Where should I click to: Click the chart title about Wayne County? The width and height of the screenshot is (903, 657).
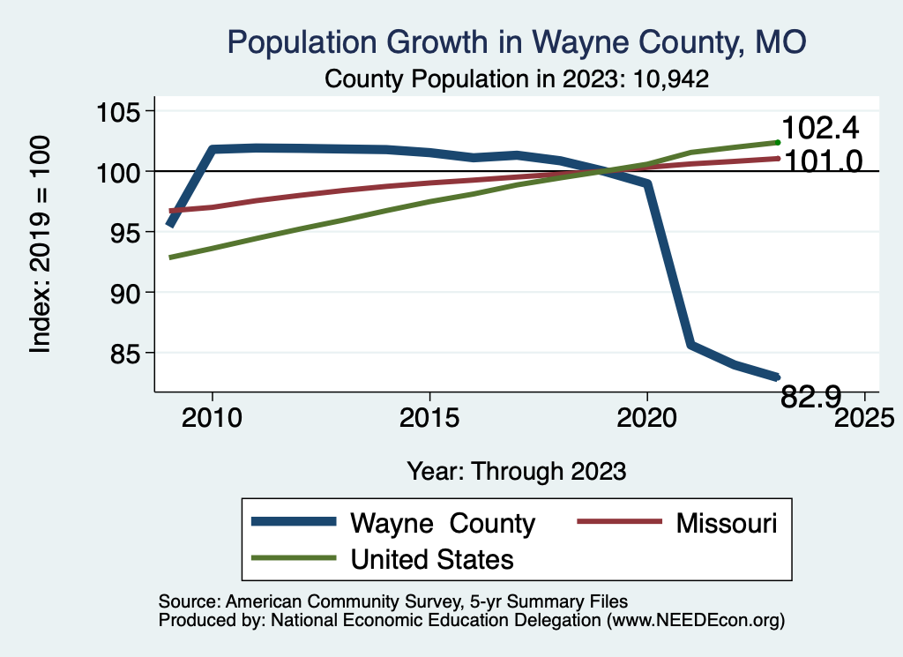(x=517, y=42)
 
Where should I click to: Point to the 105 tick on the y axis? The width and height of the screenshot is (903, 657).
(x=119, y=111)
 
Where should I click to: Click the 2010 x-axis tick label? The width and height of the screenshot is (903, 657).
(x=212, y=417)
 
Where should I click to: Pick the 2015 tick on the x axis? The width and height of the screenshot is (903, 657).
(x=429, y=417)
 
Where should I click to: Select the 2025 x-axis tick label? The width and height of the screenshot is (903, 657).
(x=865, y=417)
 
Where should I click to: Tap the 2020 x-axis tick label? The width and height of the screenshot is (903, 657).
(x=647, y=417)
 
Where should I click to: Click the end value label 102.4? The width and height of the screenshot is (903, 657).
(x=820, y=129)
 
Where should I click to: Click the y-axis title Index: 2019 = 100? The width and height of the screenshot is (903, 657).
(x=41, y=244)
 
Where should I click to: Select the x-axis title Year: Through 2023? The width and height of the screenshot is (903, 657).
(x=517, y=470)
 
